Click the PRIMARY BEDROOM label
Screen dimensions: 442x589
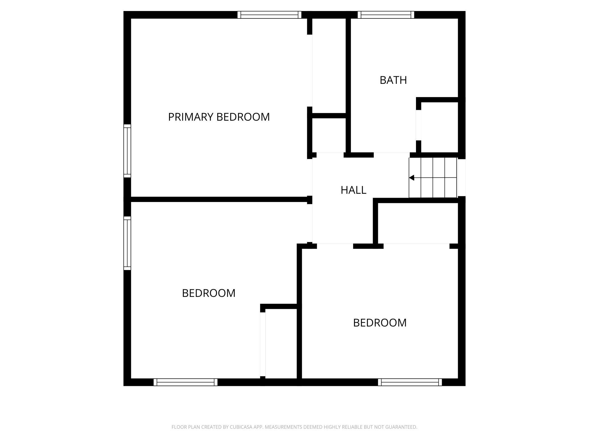coord(219,117)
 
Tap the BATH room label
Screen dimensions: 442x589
coord(393,80)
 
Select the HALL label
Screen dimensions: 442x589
coord(353,190)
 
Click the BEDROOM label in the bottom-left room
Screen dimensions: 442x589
coord(209,293)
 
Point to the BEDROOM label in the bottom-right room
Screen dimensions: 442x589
coord(380,323)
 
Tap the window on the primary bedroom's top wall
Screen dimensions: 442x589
coord(269,15)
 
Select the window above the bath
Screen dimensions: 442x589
coord(386,15)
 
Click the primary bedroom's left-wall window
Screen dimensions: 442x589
coord(127,151)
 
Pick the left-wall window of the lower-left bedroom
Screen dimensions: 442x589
coord(127,243)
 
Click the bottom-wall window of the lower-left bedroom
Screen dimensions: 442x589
coord(185,382)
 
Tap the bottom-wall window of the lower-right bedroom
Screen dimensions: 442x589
coord(410,382)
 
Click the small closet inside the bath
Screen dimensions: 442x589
coord(439,127)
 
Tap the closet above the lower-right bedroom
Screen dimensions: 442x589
coord(418,223)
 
